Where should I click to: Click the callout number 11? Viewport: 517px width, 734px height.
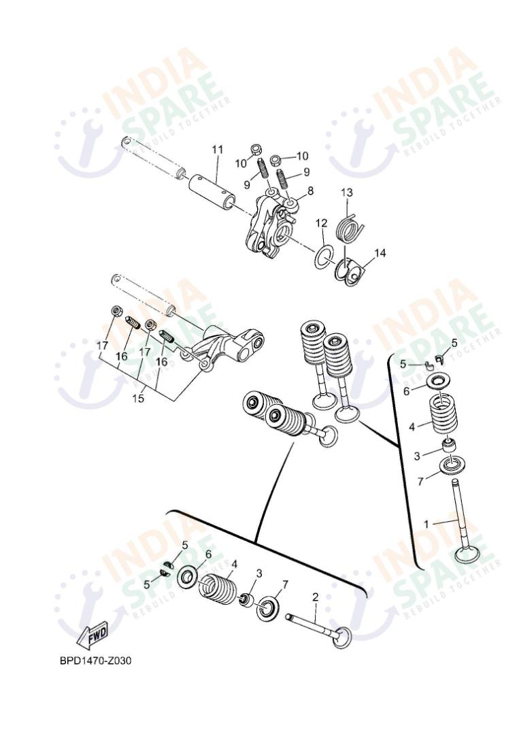pos(217,148)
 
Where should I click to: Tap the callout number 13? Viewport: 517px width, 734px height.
pos(347,193)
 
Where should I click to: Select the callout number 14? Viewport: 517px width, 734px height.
pos(380,253)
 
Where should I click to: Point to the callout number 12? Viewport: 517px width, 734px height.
pos(321,223)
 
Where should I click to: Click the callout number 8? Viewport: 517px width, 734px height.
pos(310,191)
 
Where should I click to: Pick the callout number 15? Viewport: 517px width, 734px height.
pos(138,399)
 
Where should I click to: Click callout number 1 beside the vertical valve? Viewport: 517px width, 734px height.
pos(427,524)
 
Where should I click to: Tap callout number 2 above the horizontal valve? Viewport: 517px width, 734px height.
pos(315,597)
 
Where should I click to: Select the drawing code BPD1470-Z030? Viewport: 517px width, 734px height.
pos(95,661)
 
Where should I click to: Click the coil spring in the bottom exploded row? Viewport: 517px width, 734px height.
pos(218,586)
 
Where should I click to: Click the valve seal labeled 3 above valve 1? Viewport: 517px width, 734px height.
pos(448,446)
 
